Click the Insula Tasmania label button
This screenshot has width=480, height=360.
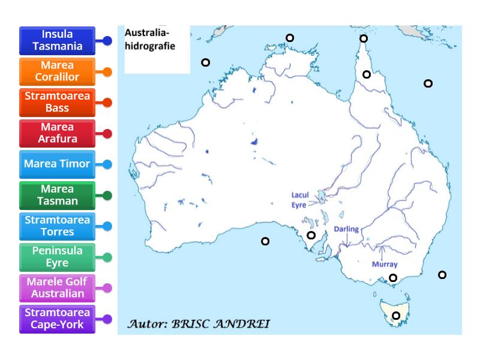[x=57, y=41]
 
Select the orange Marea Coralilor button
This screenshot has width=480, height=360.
[x=57, y=71]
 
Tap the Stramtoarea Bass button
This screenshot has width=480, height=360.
[x=57, y=103]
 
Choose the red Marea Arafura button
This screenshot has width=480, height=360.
[x=57, y=133]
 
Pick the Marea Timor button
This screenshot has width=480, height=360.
[x=57, y=164]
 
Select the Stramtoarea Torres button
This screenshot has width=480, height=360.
[x=57, y=226]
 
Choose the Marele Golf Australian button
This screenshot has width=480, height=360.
[x=57, y=288]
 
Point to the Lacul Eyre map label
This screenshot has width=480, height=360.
[x=299, y=200]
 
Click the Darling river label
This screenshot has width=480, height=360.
[x=346, y=229]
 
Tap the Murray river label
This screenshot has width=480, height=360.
[x=385, y=264]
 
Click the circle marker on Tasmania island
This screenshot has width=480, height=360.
[x=396, y=316]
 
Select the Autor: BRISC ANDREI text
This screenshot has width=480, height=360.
[x=199, y=324]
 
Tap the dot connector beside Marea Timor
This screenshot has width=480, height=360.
[x=107, y=164]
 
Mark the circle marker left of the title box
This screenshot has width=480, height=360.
[x=205, y=62]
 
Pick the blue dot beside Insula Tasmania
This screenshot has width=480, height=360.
[x=107, y=41]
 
